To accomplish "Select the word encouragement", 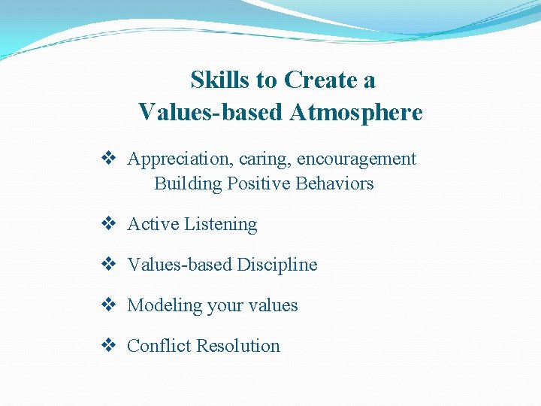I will coord(356,159).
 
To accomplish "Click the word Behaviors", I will coord(334,183).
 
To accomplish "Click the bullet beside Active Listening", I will coord(108,224).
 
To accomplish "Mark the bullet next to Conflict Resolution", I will coord(108,346).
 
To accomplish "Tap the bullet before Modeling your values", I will coord(108,305).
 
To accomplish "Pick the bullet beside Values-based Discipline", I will coord(108,265).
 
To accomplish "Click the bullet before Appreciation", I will coord(108,159).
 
